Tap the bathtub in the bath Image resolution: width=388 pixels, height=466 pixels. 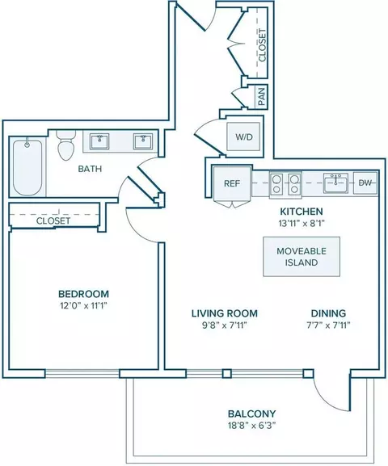coord(27,168)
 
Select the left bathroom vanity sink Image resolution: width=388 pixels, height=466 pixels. coord(99,141)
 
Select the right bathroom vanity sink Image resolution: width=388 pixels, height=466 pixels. coord(143,141)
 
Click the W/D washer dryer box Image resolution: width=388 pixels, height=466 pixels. coord(243,136)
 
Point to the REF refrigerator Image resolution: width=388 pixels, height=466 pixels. coord(232,183)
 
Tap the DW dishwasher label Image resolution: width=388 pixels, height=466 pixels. coord(365,183)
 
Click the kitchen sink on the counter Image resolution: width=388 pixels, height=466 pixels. coord(335,183)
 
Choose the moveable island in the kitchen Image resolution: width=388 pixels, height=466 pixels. coord(302,257)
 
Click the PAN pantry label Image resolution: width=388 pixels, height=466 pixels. coord(262,97)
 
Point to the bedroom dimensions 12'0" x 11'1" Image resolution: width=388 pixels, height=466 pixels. coord(83,305)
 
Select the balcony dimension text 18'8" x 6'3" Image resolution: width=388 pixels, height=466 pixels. coord(251,426)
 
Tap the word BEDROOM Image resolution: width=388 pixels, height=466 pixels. coord(83,294)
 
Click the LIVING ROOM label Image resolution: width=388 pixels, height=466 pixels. coord(225,313)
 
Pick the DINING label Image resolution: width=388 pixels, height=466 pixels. coord(328,313)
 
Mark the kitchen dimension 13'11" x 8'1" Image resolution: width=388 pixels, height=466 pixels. coord(302,224)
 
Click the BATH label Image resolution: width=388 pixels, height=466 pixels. coord(90,169)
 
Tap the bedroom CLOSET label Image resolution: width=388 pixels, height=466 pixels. coord(53,220)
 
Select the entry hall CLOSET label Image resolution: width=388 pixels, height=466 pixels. coord(262,45)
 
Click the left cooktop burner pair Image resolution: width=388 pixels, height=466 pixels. coord(276,184)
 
